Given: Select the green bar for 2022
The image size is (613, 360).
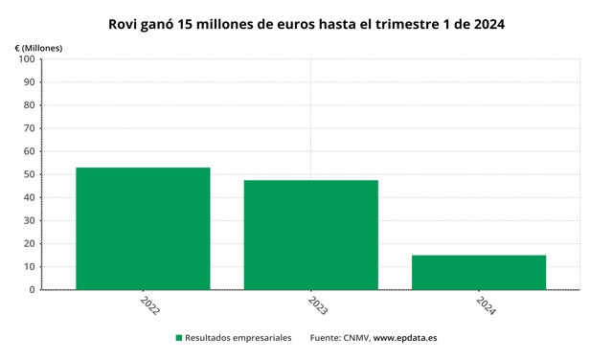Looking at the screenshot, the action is (x=143, y=229).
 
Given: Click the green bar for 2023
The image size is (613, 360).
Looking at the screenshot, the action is (x=311, y=235).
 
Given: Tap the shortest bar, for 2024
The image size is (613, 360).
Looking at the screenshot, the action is (x=479, y=273).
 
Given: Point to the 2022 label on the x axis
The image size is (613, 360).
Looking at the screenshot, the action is (x=149, y=305).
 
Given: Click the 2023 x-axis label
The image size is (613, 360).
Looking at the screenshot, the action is (x=317, y=305).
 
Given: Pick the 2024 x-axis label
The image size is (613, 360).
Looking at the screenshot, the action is (x=486, y=305).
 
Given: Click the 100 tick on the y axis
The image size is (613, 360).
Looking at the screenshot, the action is (x=27, y=59).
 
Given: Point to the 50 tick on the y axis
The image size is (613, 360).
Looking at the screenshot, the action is (x=30, y=174).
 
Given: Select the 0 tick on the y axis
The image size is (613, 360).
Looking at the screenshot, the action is (x=32, y=290).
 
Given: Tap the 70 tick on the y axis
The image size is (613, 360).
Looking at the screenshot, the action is (x=30, y=128).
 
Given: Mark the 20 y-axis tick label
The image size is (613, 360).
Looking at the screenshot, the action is (x=30, y=243).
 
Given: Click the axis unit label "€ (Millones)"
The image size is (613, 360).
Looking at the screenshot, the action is (x=38, y=48).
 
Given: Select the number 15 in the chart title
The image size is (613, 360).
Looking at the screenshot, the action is (x=185, y=24).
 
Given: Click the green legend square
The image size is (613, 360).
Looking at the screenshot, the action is (x=179, y=338).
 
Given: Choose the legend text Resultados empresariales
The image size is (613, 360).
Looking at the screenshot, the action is (x=238, y=338).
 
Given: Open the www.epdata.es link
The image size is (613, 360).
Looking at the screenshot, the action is (x=405, y=338).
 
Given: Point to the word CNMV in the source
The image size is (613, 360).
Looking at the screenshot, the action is (x=356, y=338).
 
